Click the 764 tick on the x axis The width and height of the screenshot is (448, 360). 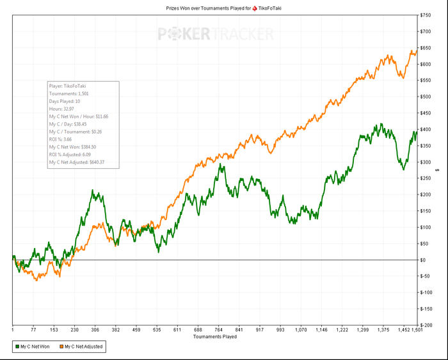click(x=219, y=330)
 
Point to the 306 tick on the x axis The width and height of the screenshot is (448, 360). click(x=95, y=330)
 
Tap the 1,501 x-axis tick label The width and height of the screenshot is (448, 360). click(x=416, y=330)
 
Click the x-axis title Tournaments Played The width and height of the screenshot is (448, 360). click(x=215, y=336)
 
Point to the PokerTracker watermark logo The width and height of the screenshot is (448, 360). click(x=216, y=34)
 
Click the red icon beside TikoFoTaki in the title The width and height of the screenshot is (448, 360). click(x=254, y=8)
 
